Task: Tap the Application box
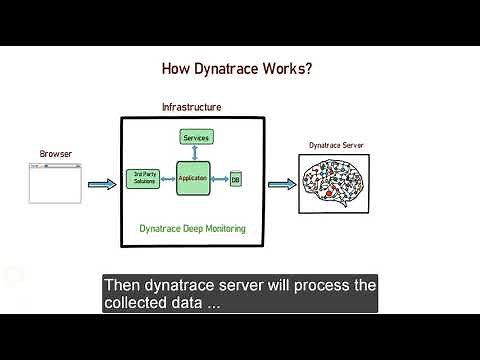(x=192, y=178)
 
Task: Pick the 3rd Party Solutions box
(x=144, y=178)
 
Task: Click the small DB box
(x=235, y=179)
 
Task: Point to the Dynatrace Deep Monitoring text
(x=192, y=229)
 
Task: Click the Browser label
(x=55, y=154)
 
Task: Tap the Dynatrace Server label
(x=336, y=146)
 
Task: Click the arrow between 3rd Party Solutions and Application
(x=167, y=178)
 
